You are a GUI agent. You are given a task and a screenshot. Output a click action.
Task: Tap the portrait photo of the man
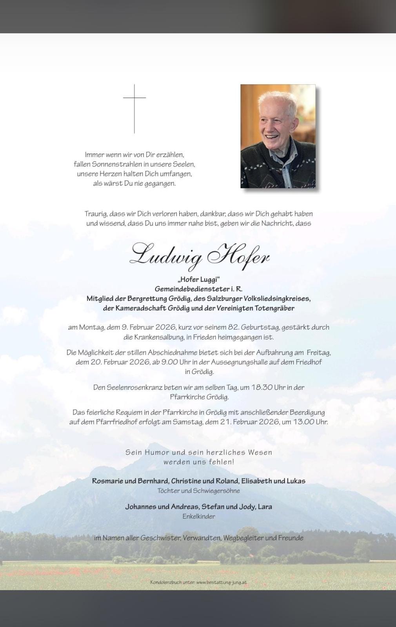278,136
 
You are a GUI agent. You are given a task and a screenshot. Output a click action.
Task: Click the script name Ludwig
166,255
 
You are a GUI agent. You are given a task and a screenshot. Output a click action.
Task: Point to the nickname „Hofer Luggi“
198,279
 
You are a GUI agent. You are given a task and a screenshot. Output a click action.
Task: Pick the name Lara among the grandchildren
265,507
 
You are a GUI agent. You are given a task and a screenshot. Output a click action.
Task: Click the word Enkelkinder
198,516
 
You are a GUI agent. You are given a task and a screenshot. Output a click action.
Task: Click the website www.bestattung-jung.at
221,582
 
